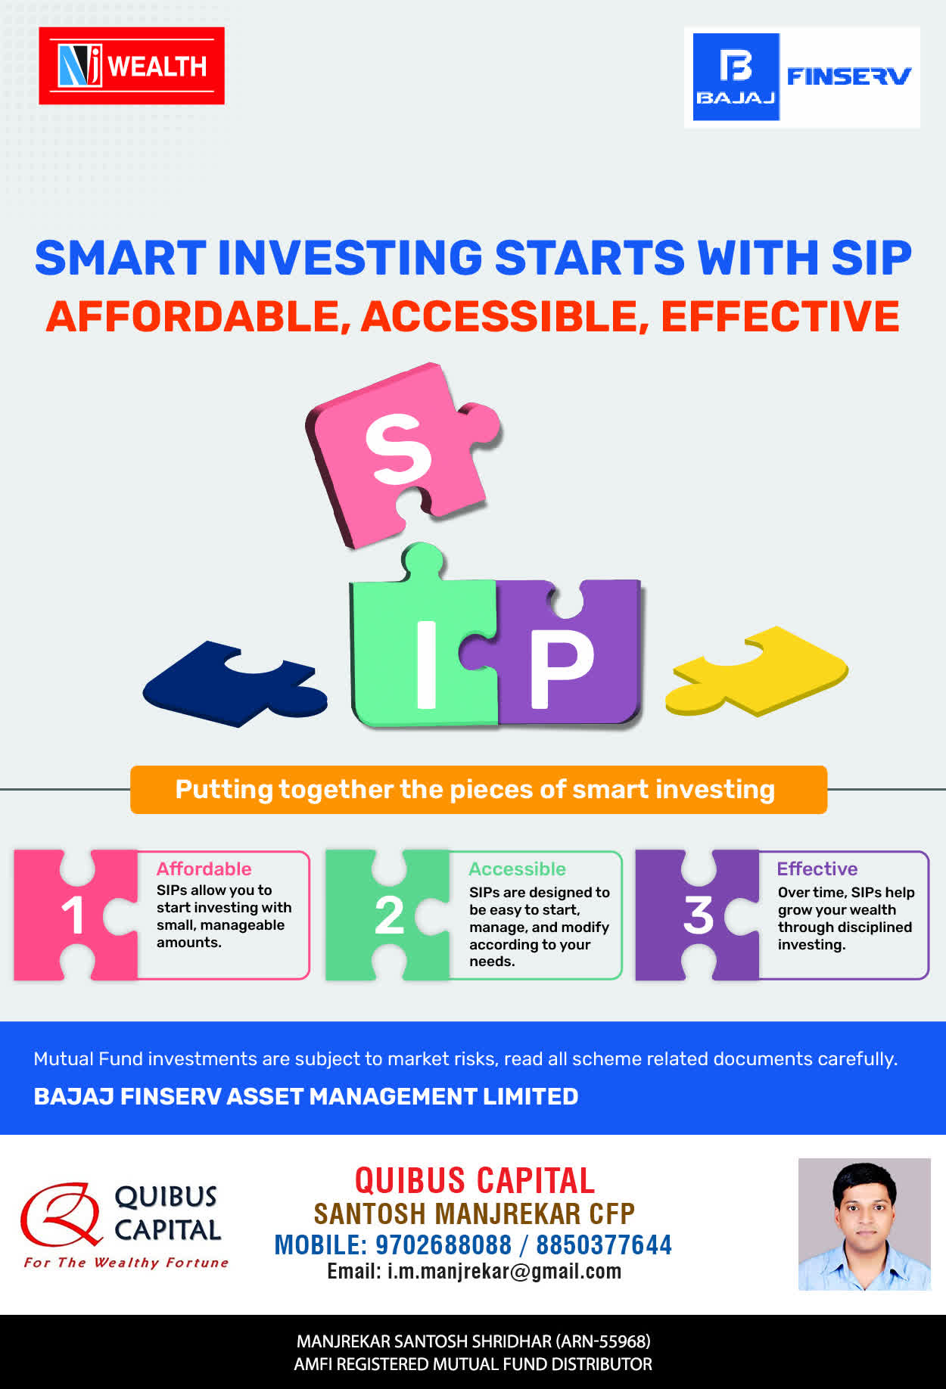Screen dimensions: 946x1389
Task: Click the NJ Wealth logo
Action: click(x=132, y=66)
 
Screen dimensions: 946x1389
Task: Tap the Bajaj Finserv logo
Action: click(x=802, y=77)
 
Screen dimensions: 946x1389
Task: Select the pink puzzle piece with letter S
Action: click(x=401, y=454)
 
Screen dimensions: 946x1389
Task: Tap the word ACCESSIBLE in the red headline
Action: click(x=505, y=316)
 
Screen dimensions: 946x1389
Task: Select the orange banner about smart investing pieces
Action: click(x=478, y=790)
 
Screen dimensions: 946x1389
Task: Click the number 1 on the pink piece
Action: click(x=73, y=915)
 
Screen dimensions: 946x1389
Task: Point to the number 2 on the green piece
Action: click(x=389, y=915)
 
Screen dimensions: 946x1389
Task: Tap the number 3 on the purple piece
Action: click(x=698, y=915)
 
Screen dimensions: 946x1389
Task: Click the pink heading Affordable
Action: click(x=204, y=869)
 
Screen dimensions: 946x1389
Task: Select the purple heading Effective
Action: click(x=817, y=869)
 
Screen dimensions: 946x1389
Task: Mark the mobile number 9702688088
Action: click(x=443, y=1245)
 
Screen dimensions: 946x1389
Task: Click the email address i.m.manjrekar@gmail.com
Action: click(x=504, y=1272)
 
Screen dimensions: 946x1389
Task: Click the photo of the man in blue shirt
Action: click(x=864, y=1224)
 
